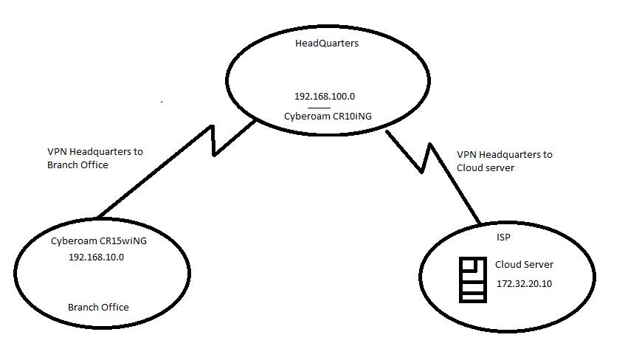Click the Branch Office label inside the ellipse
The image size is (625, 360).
point(98,307)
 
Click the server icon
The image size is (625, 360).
point(472,280)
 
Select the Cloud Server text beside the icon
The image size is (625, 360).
point(524,265)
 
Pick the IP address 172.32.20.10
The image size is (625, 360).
point(524,284)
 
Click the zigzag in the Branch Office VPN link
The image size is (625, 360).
point(214,141)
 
